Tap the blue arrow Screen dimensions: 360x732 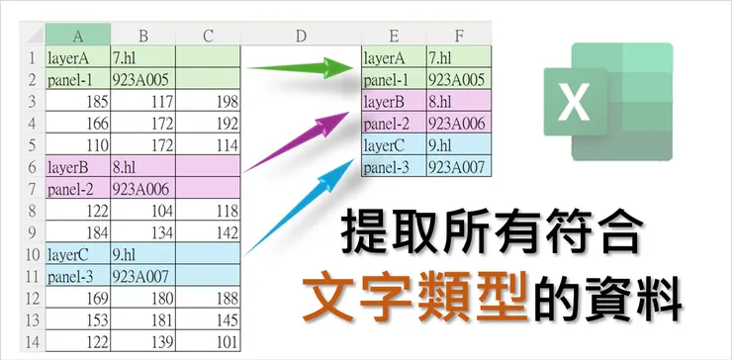click(x=297, y=211)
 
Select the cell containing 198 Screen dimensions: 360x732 click(x=209, y=101)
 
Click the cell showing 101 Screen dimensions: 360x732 click(x=209, y=341)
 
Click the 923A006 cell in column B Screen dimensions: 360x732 click(x=142, y=188)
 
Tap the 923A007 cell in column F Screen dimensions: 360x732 click(x=459, y=166)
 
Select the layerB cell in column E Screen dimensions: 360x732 click(x=394, y=101)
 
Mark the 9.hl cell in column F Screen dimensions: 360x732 click(x=459, y=144)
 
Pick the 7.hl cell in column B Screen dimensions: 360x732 click(x=142, y=57)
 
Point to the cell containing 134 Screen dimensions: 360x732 click(x=142, y=232)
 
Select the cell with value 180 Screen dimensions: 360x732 click(x=142, y=298)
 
